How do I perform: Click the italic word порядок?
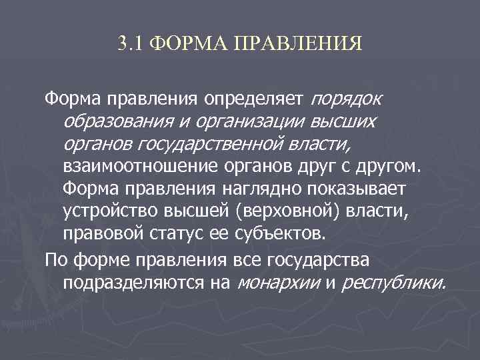coord(347,100)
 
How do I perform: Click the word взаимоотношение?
coord(133,165)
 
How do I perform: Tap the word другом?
coord(391,165)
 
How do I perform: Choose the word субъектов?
coord(279,234)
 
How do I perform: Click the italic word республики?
coord(393,283)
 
